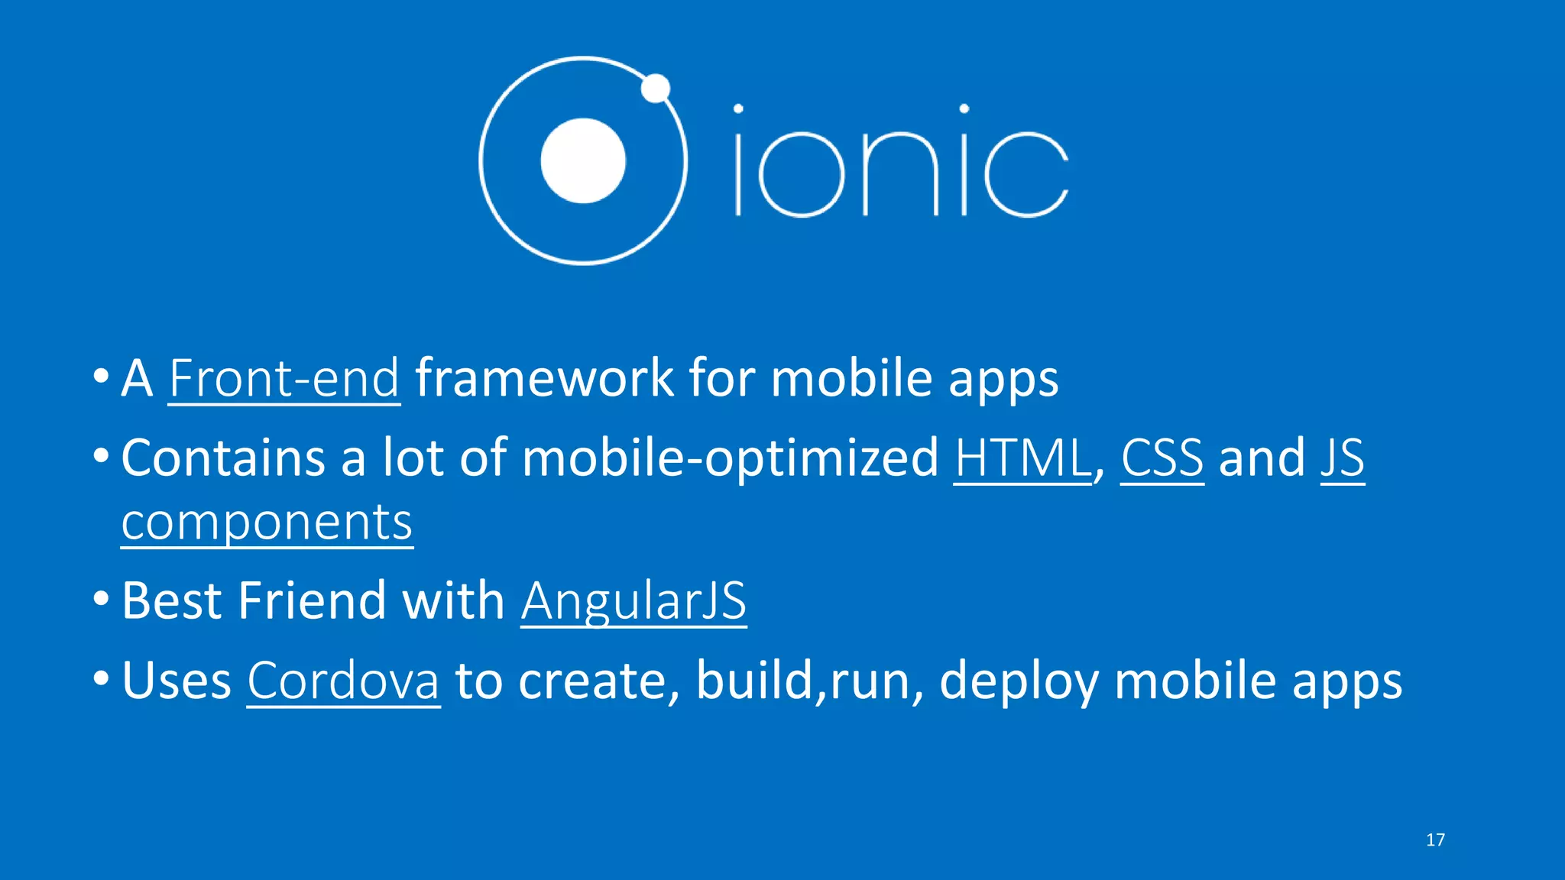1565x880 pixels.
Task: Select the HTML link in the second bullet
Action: (1022, 458)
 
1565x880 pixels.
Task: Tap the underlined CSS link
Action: (1162, 458)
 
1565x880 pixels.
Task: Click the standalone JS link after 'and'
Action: (1342, 458)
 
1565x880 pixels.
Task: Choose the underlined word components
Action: (267, 523)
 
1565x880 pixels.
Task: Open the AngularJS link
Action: (633, 601)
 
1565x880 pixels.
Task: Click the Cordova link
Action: (343, 681)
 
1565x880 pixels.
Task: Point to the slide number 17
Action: (1435, 840)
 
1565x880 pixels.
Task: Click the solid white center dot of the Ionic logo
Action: (583, 161)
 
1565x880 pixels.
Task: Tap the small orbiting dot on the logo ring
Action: (655, 89)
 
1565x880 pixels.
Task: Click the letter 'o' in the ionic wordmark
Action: (801, 173)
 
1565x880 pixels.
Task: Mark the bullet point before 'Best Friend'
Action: (102, 600)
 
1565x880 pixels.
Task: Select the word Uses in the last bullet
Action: (177, 681)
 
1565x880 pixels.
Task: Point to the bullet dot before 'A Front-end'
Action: (102, 377)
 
